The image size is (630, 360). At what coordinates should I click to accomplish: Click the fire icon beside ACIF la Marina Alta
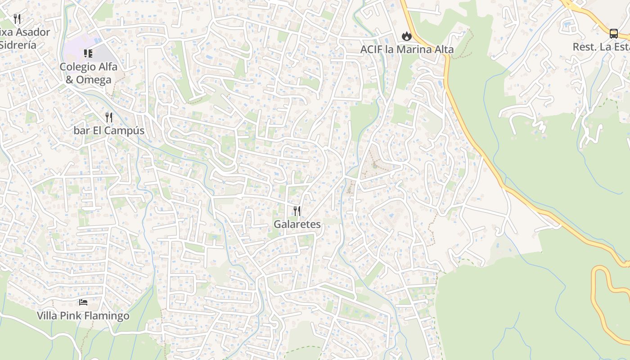406,36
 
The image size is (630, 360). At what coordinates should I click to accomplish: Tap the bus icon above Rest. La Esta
613,33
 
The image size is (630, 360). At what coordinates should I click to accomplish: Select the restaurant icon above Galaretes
297,211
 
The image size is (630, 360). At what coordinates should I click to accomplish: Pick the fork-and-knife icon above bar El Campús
108,117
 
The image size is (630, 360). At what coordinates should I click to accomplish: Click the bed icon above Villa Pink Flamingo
83,302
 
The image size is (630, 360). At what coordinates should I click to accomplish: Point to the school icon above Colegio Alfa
88,54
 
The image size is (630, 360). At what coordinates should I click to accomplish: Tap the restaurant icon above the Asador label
17,18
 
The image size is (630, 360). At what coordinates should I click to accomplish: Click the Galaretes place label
297,224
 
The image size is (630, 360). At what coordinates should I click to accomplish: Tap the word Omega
94,80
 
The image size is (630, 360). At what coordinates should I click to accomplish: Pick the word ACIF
371,49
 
